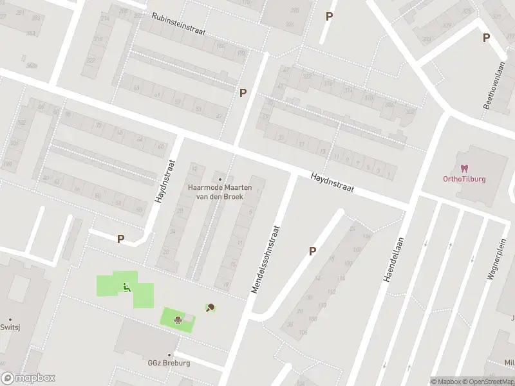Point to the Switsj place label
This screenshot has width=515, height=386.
tap(10, 327)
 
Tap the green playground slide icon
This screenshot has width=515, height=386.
tap(126, 287)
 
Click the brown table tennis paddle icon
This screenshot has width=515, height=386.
tap(211, 308)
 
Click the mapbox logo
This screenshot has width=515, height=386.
tap(28, 378)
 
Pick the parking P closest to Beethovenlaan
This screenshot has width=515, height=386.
tap(486, 37)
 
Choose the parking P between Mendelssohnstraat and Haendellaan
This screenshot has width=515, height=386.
tap(313, 252)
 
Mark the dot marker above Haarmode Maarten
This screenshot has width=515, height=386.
tap(220, 179)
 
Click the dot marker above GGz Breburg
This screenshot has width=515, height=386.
tap(170, 355)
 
